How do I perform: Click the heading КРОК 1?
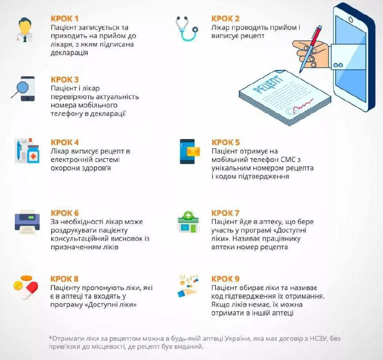[x=65, y=19]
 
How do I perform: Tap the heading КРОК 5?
[x=225, y=142]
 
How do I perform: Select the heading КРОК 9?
[x=225, y=279]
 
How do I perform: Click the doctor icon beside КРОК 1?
[x=25, y=30]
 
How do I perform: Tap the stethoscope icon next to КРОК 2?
[x=186, y=28]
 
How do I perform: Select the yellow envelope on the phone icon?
[x=193, y=151]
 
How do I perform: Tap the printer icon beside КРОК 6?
[x=27, y=222]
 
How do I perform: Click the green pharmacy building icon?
[x=188, y=222]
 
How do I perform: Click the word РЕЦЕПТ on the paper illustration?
[x=269, y=85]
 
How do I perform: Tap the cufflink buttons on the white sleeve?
[x=338, y=65]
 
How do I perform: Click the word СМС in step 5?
[x=288, y=160]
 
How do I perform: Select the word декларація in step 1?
[x=69, y=53]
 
